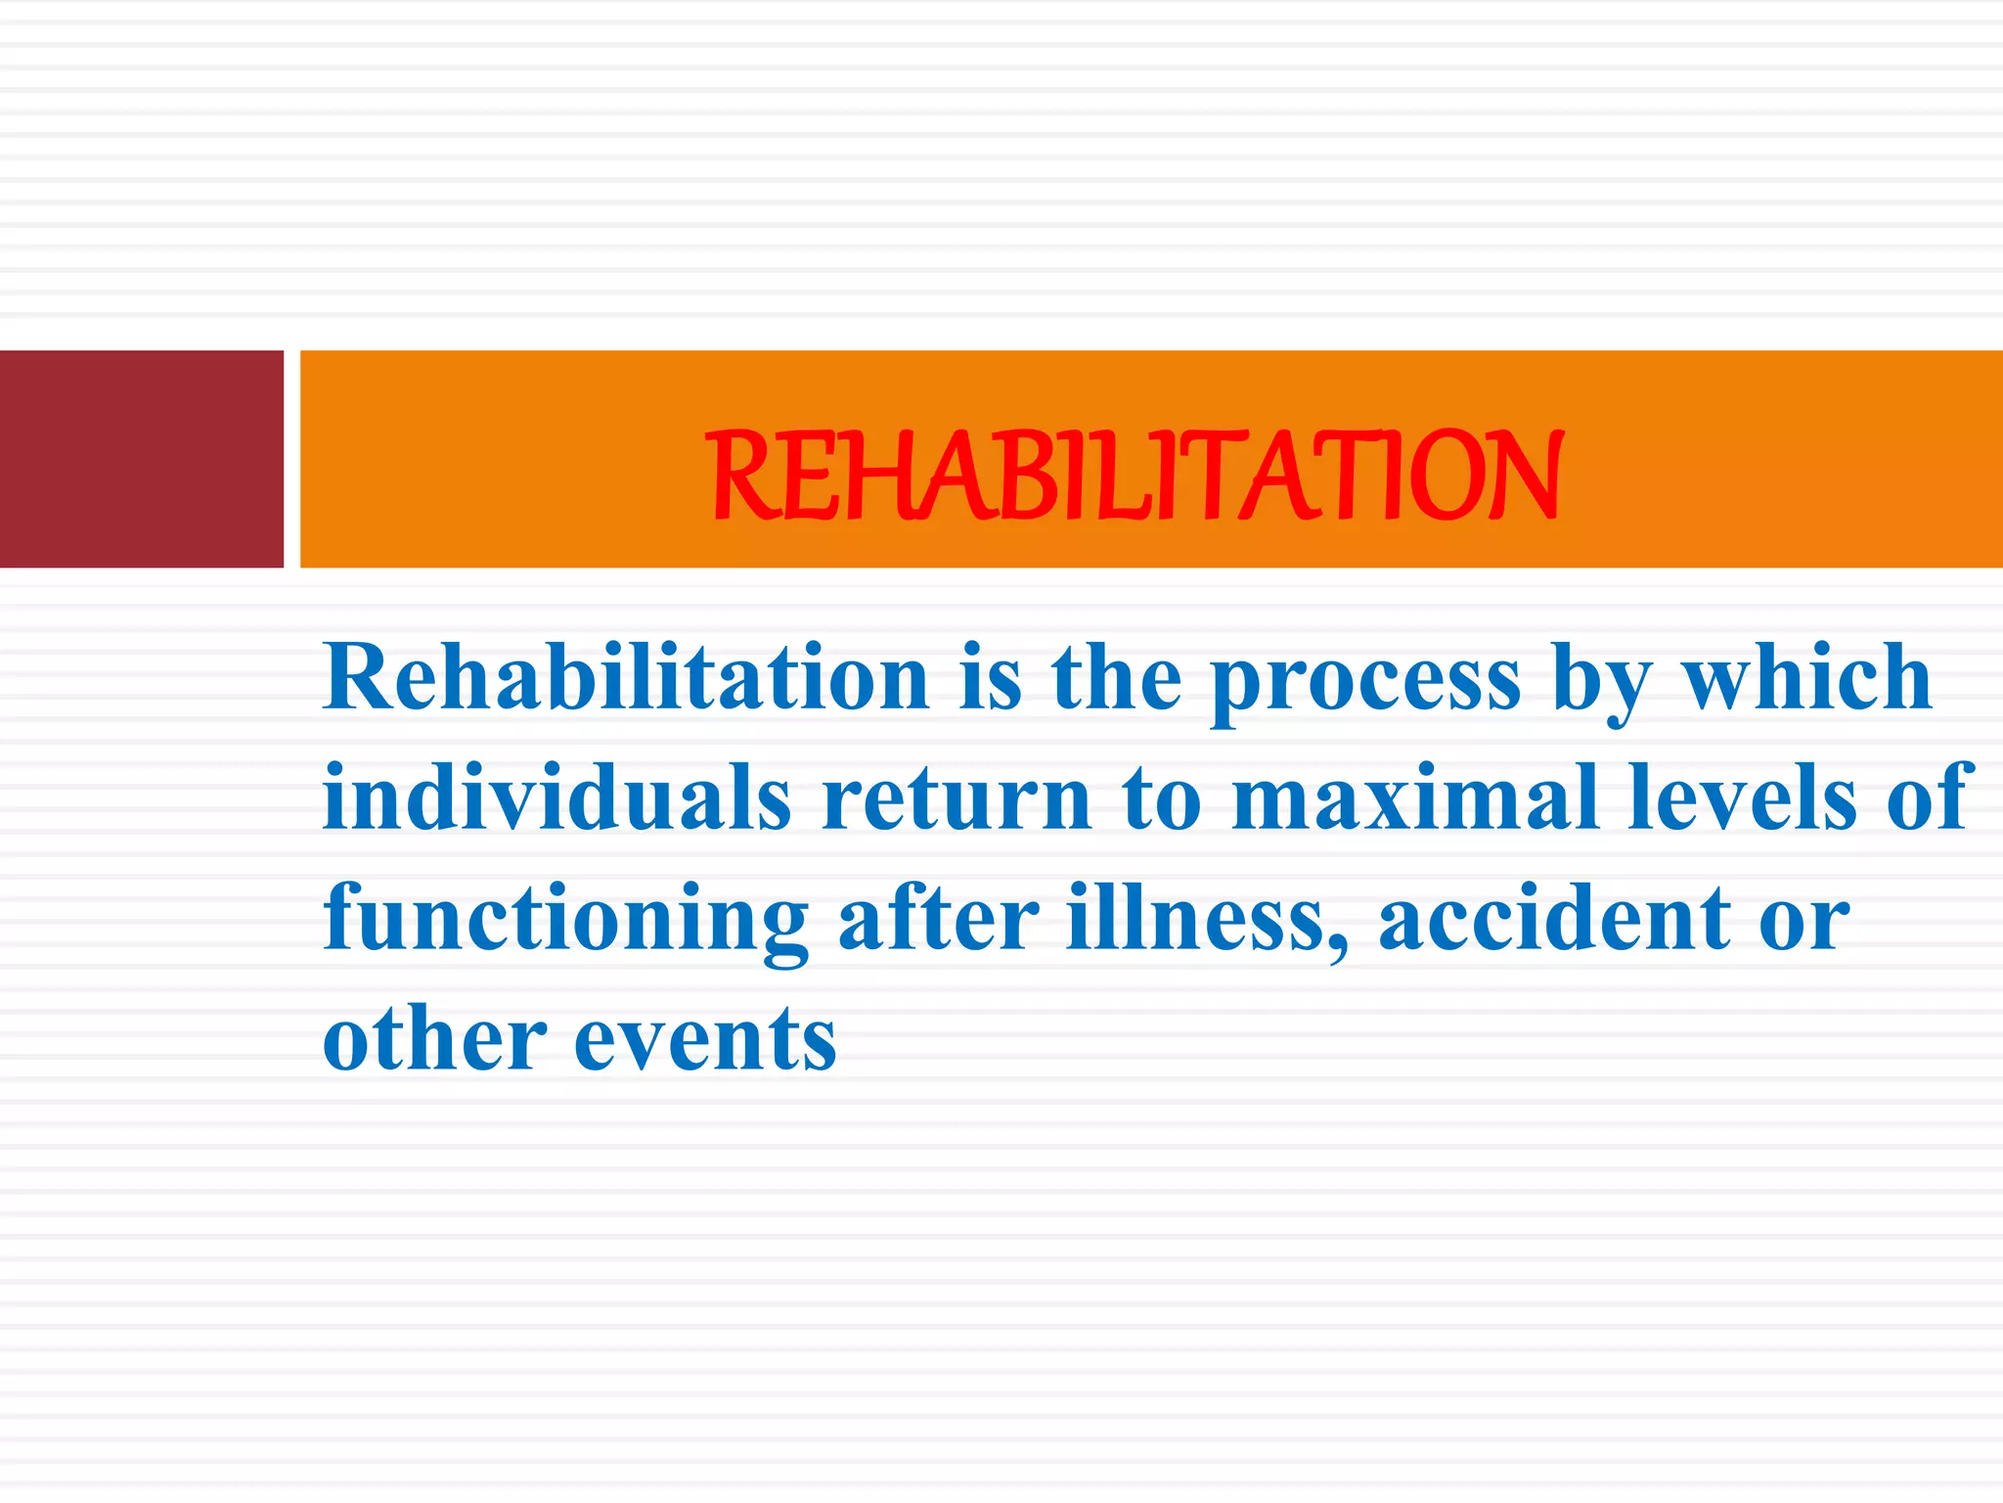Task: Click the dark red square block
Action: point(141,459)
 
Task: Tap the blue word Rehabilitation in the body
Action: point(626,678)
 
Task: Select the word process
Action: point(1365,682)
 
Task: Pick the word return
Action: point(957,800)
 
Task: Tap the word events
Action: point(705,1041)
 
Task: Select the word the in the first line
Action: point(1116,678)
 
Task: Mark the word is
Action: point(990,678)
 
